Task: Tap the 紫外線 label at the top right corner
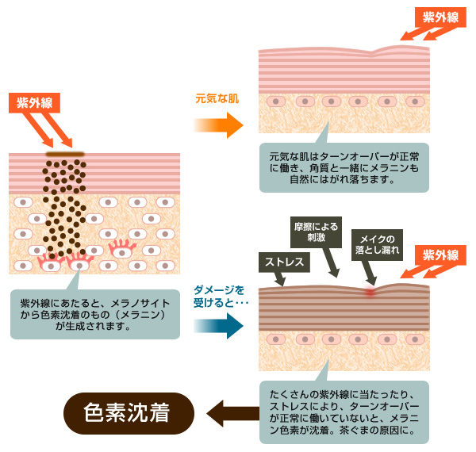tap(440, 17)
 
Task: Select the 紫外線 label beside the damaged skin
tap(440, 255)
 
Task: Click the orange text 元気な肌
tap(217, 100)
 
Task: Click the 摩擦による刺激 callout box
tap(317, 231)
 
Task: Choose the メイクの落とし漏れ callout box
tap(378, 243)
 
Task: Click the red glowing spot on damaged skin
tap(370, 291)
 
